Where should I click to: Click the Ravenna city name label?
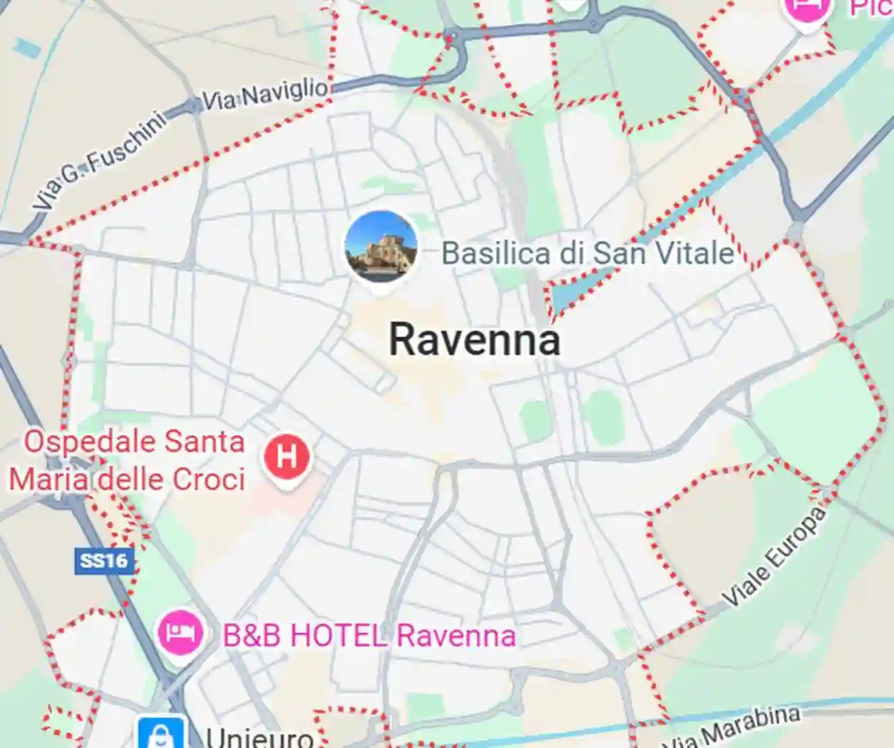pyautogui.click(x=474, y=339)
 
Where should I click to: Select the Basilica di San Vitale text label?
pyautogui.click(x=587, y=253)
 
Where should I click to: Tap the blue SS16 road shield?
pyautogui.click(x=104, y=561)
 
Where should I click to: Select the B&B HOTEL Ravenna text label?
pyautogui.click(x=369, y=635)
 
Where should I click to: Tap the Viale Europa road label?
pyautogui.click(x=774, y=556)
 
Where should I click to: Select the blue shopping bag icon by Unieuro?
pyautogui.click(x=162, y=734)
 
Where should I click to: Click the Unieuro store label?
pyautogui.click(x=260, y=737)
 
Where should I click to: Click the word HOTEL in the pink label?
pyautogui.click(x=338, y=635)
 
